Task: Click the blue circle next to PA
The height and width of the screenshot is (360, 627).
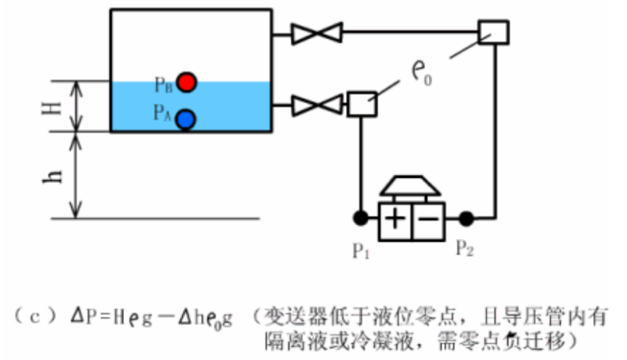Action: (x=185, y=117)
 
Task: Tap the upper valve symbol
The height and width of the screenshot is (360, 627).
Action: (x=317, y=33)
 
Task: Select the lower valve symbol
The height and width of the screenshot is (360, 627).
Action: (x=317, y=105)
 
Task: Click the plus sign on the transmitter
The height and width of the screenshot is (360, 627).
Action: (x=395, y=219)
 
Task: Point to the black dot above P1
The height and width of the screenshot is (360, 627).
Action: (x=361, y=218)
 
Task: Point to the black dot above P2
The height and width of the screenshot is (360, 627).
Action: (x=466, y=218)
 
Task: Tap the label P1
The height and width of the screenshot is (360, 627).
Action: (x=360, y=251)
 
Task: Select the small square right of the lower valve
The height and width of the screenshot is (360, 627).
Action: (x=361, y=105)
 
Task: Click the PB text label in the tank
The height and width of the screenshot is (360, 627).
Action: (x=164, y=84)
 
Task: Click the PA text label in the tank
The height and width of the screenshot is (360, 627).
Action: (x=162, y=113)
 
